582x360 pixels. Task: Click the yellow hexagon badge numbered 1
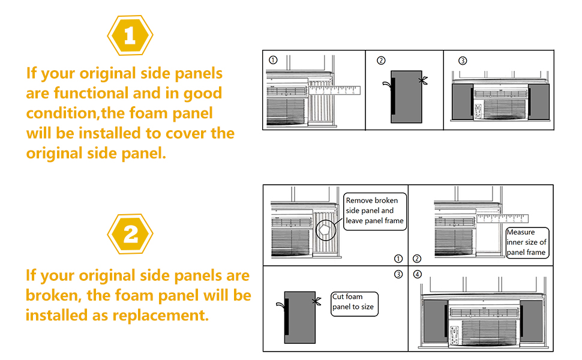(130, 35)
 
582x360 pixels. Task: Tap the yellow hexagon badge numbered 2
(130, 233)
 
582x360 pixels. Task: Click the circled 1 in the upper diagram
(273, 60)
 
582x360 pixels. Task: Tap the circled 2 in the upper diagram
(381, 60)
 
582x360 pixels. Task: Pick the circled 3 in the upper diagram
(462, 60)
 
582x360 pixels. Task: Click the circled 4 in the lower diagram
(418, 275)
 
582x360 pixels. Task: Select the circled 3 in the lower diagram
(398, 275)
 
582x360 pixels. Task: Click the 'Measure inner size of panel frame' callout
(526, 242)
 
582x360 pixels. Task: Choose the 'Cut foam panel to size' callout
(355, 302)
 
